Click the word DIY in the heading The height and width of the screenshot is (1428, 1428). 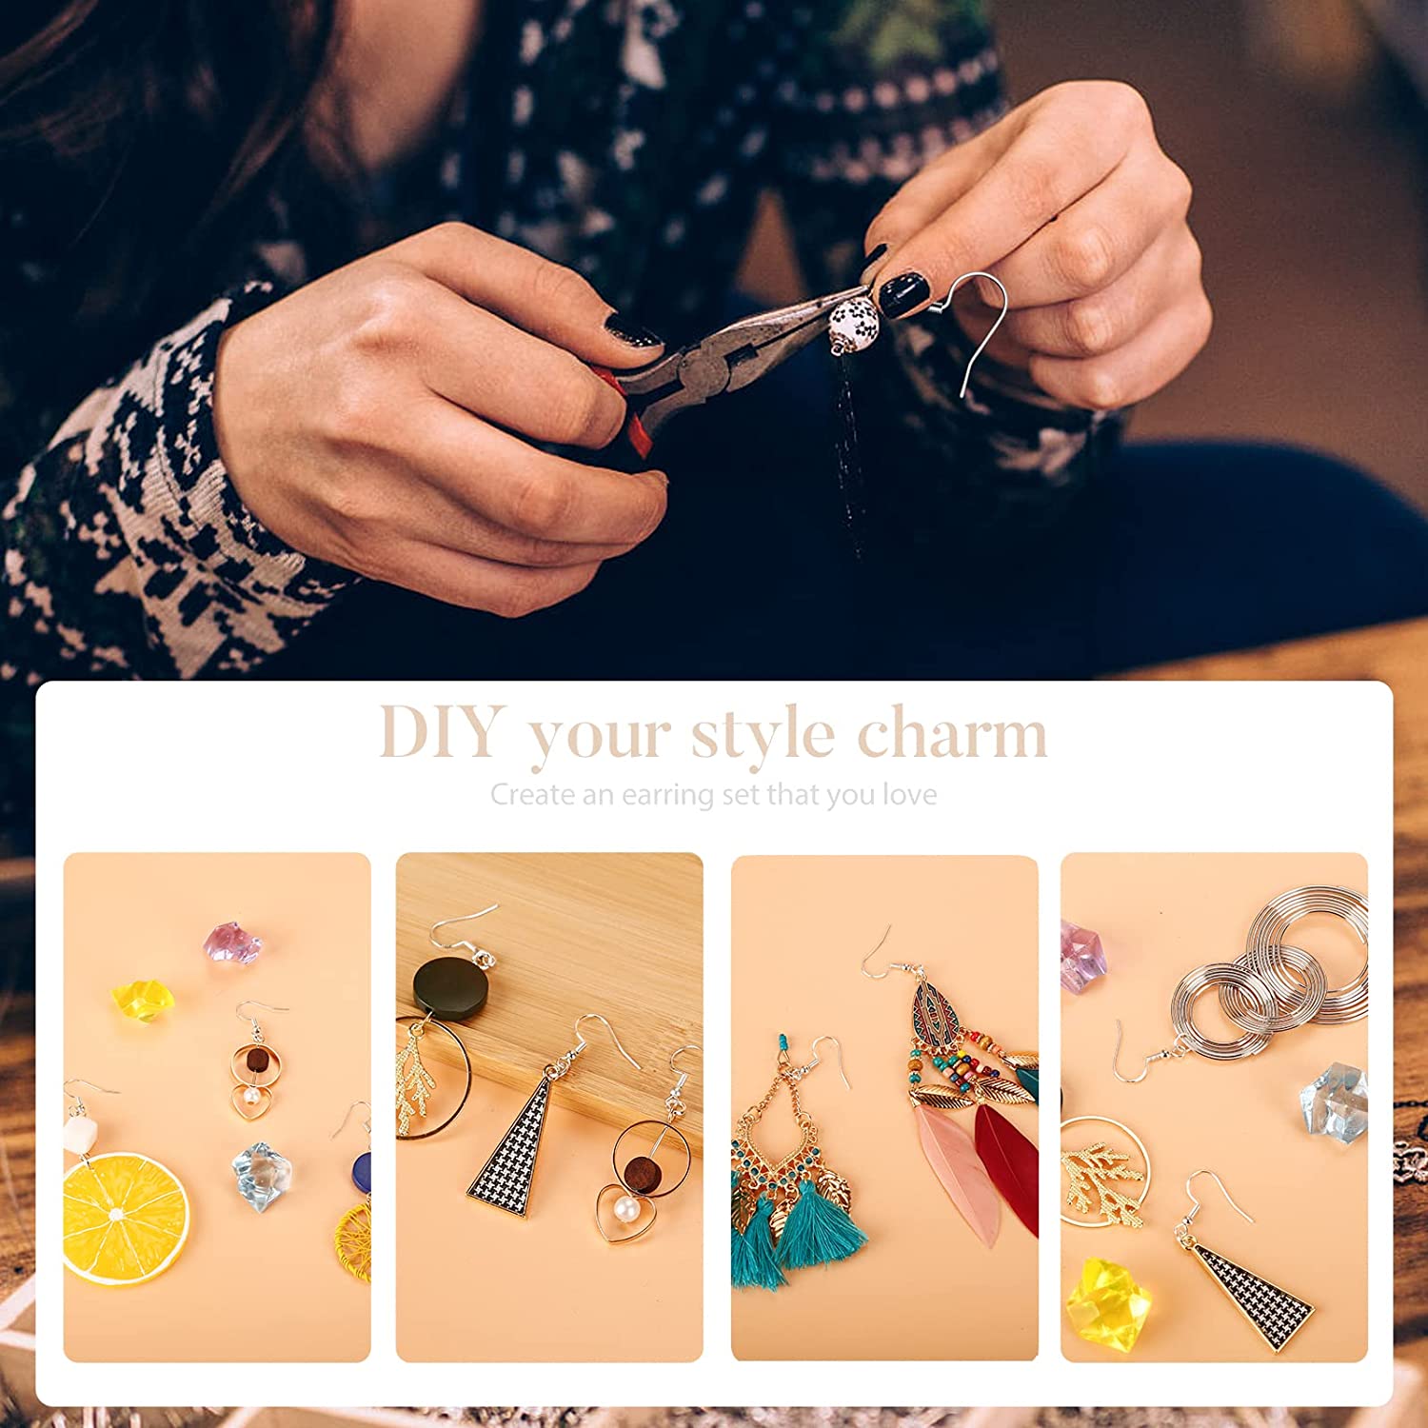pos(440,733)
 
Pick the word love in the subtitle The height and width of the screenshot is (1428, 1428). pos(910,794)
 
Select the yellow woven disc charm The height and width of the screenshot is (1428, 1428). pos(353,1242)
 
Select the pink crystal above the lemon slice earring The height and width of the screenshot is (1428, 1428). pos(232,942)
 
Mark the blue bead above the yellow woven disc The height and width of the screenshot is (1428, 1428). pos(362,1173)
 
